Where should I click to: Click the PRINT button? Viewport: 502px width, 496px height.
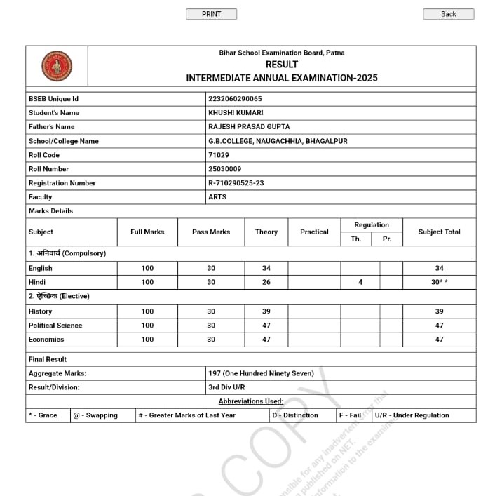point(211,14)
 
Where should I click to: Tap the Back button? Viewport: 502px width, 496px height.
point(448,14)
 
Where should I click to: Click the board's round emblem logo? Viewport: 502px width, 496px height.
point(57,65)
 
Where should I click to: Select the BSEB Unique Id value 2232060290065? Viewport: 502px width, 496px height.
point(235,99)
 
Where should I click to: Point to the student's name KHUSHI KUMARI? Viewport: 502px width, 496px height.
point(236,113)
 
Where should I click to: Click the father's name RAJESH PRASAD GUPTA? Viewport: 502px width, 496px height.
point(249,127)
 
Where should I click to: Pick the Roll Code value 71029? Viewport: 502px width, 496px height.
point(219,155)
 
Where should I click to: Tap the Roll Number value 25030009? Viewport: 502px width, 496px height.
point(224,169)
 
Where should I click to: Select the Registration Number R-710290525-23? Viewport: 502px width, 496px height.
point(237,183)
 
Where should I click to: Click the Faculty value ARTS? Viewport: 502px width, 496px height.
point(217,197)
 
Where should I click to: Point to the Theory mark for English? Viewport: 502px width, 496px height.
point(266,268)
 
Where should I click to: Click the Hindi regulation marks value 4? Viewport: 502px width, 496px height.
point(360,282)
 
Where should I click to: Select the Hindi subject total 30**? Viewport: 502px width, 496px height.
point(440,282)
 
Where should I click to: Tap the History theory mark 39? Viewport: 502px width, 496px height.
point(266,311)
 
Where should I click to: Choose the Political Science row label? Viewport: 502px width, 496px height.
point(55,326)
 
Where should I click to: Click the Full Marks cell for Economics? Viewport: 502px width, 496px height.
point(147,340)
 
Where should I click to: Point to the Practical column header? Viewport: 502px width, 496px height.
point(314,232)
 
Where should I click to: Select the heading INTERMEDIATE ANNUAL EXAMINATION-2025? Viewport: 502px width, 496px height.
point(282,78)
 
